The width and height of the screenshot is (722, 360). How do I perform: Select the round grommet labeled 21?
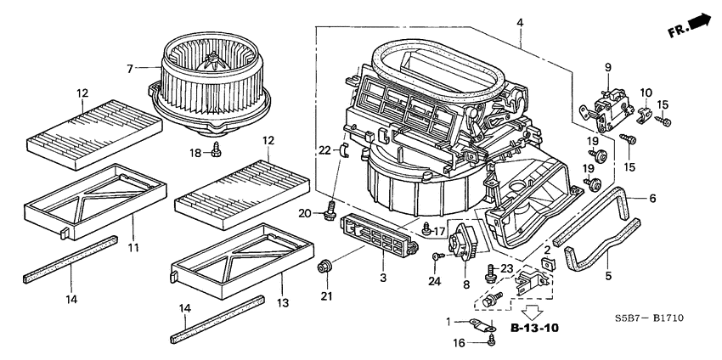(x=324, y=268)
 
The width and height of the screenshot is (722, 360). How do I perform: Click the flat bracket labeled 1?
(x=482, y=323)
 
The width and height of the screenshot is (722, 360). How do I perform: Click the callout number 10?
(x=646, y=92)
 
